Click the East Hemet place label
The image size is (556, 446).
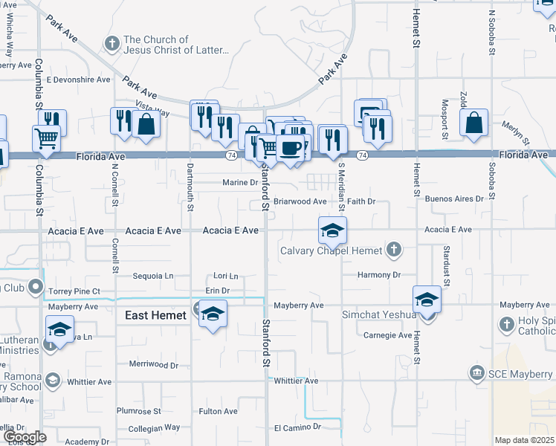pos(155,316)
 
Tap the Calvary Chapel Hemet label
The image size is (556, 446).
pos(331,251)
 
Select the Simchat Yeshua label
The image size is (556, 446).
pos(378,314)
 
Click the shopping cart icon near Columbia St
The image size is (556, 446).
pos(46,138)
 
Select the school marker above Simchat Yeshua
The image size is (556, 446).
pos(427,299)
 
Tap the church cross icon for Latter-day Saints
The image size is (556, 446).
pos(112,45)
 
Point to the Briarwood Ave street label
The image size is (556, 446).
pos(300,201)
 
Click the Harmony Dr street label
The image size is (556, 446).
pos(378,275)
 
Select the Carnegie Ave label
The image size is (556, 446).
pos(387,335)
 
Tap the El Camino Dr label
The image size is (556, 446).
pos(297,427)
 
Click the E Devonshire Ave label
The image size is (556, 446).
pos(78,80)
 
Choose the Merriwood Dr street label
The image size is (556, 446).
pos(154,365)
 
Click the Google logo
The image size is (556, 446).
pos(25,437)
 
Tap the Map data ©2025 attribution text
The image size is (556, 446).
pos(525,440)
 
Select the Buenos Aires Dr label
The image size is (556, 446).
pos(454,199)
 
